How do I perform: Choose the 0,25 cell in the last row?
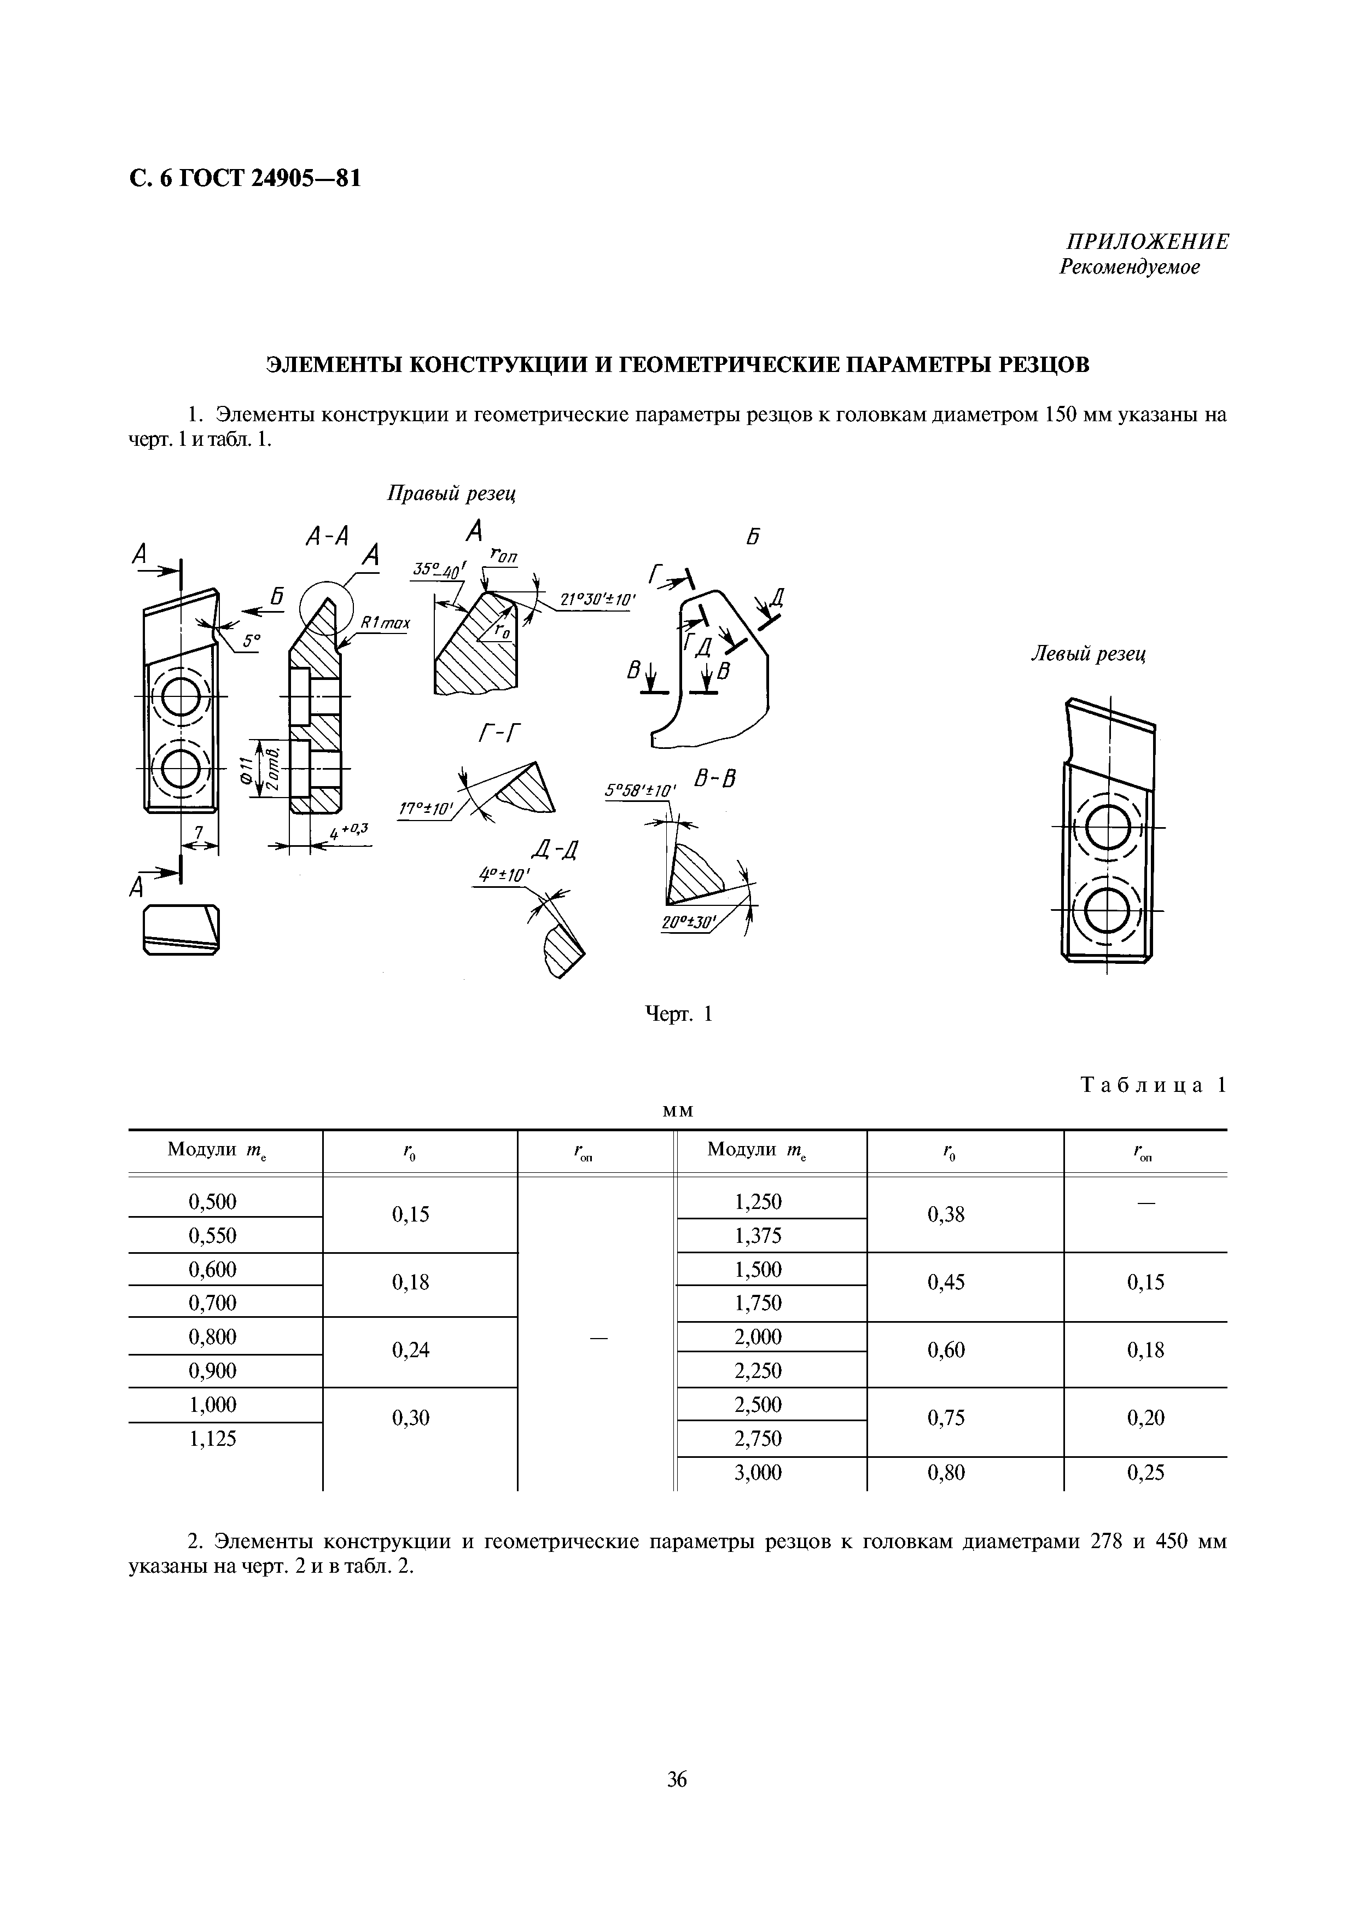(1145, 1473)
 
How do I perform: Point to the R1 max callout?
(385, 623)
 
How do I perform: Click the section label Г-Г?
(499, 734)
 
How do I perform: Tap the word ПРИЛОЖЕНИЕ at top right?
(1147, 242)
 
